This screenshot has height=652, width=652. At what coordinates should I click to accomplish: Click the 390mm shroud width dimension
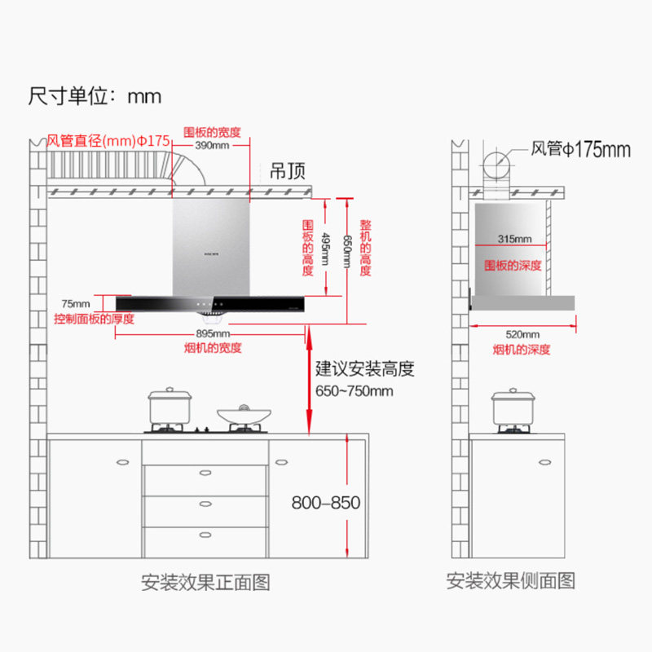click(212, 145)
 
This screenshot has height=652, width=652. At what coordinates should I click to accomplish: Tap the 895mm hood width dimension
click(212, 334)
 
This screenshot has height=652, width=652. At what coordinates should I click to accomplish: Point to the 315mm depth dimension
click(514, 239)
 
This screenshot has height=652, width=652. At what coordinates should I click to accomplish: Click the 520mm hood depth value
click(522, 334)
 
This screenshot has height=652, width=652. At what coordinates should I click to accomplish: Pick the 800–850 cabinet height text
click(326, 503)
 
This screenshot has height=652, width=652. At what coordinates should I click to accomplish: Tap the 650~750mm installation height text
click(355, 391)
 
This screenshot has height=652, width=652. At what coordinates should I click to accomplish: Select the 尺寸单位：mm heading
click(95, 96)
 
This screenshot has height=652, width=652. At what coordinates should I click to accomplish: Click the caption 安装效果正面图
click(205, 582)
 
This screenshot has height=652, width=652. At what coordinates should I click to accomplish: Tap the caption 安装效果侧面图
click(511, 580)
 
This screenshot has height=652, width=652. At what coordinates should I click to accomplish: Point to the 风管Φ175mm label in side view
click(581, 149)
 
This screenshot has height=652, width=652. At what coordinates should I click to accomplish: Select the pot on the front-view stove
click(170, 407)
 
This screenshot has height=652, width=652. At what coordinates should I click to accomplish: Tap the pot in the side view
click(513, 407)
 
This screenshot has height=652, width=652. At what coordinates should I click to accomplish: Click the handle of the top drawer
click(205, 470)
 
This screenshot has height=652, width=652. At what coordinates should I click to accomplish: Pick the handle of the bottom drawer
click(205, 535)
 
